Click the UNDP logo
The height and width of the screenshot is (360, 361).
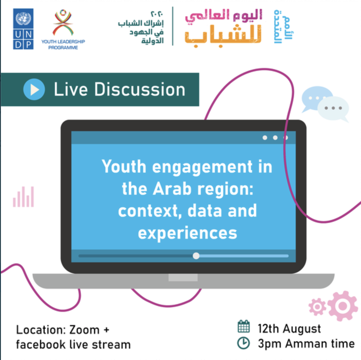point(23,29)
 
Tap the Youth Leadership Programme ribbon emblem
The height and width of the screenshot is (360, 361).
point(63,23)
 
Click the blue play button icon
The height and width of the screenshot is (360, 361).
point(34,89)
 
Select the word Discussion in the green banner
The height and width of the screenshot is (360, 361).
point(140,90)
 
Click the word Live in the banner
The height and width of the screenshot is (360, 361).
point(71,90)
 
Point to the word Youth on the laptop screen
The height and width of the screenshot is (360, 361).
point(124,166)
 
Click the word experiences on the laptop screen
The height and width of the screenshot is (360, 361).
point(187,233)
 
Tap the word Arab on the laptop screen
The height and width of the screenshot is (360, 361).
point(172,188)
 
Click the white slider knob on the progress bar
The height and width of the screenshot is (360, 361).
point(196,256)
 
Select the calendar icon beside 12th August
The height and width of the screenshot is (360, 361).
point(244,326)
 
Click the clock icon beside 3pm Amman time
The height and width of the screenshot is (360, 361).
point(244,343)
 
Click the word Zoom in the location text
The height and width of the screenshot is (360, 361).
point(84,330)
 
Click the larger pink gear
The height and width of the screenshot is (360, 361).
point(343,306)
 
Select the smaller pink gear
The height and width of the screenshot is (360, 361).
point(317,307)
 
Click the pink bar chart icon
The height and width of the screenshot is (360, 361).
point(23,197)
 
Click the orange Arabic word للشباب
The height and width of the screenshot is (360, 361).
point(223,36)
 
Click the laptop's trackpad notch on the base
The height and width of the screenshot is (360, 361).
point(183,277)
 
